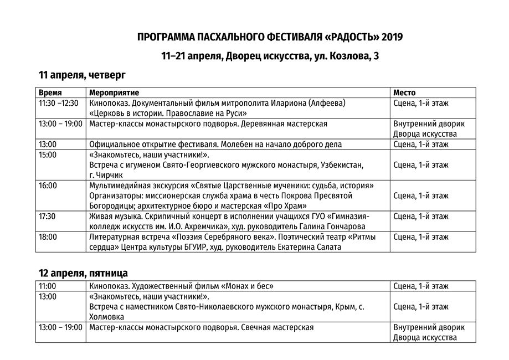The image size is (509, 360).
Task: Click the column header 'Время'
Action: [x=50, y=92]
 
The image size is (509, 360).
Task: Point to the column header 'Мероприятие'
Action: [x=114, y=92]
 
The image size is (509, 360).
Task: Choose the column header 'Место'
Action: [x=404, y=92]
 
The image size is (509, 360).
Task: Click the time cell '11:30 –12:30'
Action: [x=58, y=103]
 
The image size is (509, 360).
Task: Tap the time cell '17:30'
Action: [x=48, y=216]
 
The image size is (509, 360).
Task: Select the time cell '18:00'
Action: [x=48, y=236]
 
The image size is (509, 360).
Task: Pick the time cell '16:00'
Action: [x=48, y=185]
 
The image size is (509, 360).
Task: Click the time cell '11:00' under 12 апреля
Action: [x=48, y=286]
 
